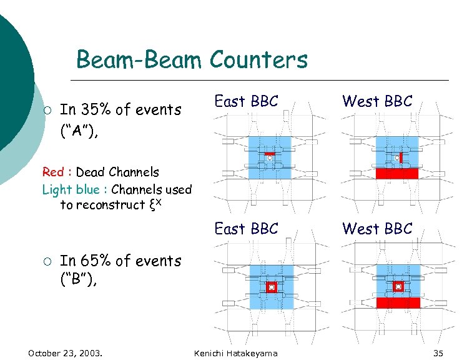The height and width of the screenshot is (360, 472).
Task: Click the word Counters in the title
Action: [258, 60]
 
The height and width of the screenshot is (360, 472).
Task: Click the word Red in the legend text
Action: [52, 172]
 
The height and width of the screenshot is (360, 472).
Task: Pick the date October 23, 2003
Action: [66, 353]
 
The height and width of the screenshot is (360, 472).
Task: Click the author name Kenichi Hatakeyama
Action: [236, 353]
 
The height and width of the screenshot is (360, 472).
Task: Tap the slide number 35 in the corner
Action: [438, 353]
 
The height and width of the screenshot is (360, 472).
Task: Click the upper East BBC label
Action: [246, 102]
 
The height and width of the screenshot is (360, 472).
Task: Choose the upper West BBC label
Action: [377, 102]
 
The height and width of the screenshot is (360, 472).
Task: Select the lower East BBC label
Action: [246, 229]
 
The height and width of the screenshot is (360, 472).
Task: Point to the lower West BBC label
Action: [377, 229]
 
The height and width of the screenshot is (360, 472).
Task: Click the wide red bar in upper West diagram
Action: [397, 173]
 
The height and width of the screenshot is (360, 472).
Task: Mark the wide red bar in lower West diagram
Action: [398, 302]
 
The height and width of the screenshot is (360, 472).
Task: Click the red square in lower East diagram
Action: [271, 287]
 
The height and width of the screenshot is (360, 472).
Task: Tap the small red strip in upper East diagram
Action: [270, 153]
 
